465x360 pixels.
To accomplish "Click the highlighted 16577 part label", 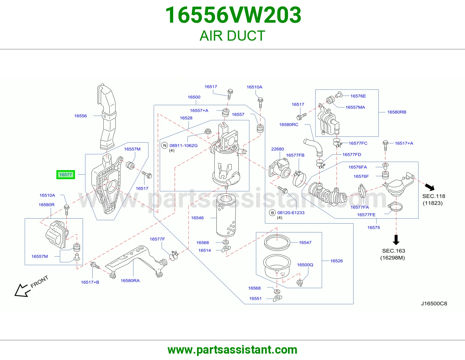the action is pyautogui.click(x=65, y=175).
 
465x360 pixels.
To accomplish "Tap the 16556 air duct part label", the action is pyautogui.click(x=81, y=116).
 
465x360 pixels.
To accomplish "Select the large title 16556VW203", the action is pyautogui.click(x=233, y=15).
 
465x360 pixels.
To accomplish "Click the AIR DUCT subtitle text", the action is pyautogui.click(x=233, y=36).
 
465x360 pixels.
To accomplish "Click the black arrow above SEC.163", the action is pyautogui.click(x=396, y=240).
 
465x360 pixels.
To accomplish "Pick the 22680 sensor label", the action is pyautogui.click(x=278, y=149).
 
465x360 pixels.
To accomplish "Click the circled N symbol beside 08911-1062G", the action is pyautogui.click(x=164, y=145).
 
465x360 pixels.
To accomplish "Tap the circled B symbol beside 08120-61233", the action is pyautogui.click(x=272, y=213).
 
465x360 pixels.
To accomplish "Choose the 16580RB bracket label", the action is pyautogui.click(x=396, y=112).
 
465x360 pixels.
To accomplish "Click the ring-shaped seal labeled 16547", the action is pyautogui.click(x=277, y=243).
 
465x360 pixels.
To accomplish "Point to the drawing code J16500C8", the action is pyautogui.click(x=434, y=304).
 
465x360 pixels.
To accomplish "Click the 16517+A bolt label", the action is pyautogui.click(x=404, y=143).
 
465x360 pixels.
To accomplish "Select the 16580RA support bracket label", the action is pyautogui.click(x=130, y=280).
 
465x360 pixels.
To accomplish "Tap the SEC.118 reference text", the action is pyautogui.click(x=434, y=196).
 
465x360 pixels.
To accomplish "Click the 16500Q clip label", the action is pyautogui.click(x=305, y=265).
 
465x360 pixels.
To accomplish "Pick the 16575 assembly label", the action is pyautogui.click(x=374, y=227).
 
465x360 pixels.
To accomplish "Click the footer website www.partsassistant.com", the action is pyautogui.click(x=233, y=350).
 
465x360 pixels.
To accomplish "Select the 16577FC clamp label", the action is pyautogui.click(x=358, y=143).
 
